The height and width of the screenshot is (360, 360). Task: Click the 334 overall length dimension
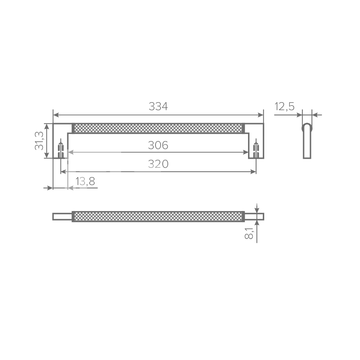pos(158,107)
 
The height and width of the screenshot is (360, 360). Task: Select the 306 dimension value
pos(158,145)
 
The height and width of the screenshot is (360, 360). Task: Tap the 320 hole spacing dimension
pos(158,164)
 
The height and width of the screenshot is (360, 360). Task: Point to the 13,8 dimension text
pos(85,181)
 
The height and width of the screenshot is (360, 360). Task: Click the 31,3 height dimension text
pos(39,141)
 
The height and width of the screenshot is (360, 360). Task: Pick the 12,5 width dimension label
pos(284,107)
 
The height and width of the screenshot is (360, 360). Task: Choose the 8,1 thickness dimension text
pos(249,233)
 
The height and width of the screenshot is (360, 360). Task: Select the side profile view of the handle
pos(307,141)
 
